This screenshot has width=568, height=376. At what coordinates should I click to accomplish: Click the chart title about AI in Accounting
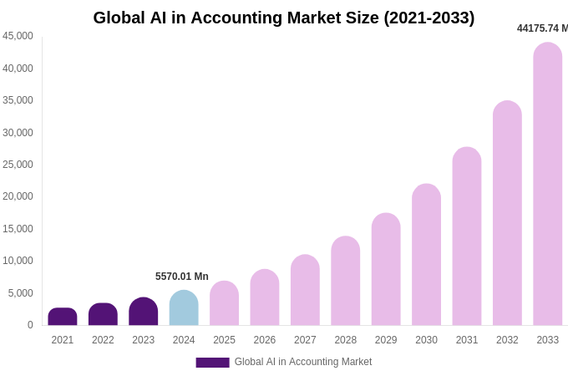[283, 18]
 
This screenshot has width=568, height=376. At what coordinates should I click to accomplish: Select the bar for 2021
[63, 317]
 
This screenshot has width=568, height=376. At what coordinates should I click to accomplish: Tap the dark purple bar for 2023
[144, 312]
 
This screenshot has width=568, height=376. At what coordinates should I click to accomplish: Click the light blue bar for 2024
[184, 308]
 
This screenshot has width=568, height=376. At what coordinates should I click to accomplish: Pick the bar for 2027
[305, 291]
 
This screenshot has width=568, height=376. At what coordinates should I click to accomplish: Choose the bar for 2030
[426, 255]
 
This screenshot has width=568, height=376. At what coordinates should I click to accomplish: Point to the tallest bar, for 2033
[548, 184]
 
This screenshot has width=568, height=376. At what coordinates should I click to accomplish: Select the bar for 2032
[507, 213]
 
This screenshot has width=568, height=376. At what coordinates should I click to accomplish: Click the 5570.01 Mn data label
[182, 277]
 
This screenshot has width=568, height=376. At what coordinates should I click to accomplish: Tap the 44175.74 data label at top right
[541, 28]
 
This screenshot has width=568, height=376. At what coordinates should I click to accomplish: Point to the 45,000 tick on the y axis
[18, 36]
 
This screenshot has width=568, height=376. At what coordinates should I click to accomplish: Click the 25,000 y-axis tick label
[18, 165]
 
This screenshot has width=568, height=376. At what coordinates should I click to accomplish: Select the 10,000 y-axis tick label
[18, 261]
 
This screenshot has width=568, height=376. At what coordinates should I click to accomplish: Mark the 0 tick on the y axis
[30, 325]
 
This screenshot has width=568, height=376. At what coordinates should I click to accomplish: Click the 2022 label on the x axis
[103, 340]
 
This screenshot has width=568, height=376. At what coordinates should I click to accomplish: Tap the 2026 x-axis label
[265, 340]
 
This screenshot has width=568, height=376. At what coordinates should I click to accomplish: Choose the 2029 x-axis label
[386, 340]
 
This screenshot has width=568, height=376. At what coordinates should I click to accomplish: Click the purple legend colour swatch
[212, 363]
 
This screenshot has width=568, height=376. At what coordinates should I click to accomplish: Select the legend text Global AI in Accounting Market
[303, 362]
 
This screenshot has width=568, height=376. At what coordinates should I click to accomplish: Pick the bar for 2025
[224, 303]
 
